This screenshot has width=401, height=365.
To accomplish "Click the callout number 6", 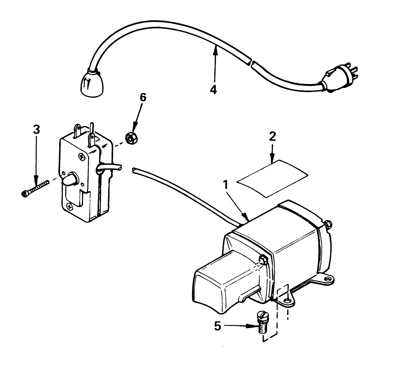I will (143, 97).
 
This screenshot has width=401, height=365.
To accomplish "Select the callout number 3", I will (36, 129).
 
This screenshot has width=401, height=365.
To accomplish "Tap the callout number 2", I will (272, 136).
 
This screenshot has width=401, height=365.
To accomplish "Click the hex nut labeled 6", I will (130, 138).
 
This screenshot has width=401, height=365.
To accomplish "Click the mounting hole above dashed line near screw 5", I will (288, 300).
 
